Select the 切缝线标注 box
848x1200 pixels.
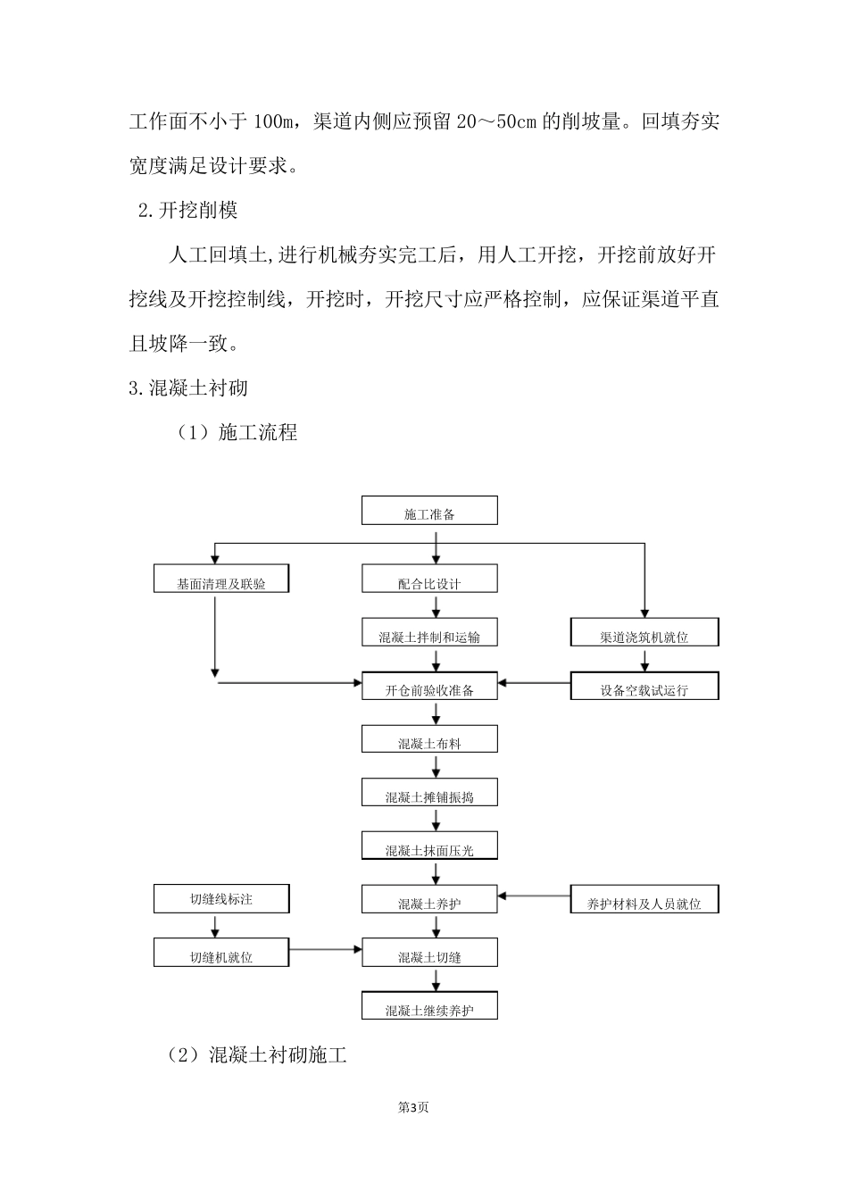[220, 898]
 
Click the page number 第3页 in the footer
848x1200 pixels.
[413, 1107]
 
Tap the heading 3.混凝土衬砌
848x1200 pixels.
[188, 388]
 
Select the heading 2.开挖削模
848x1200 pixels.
[188, 211]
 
